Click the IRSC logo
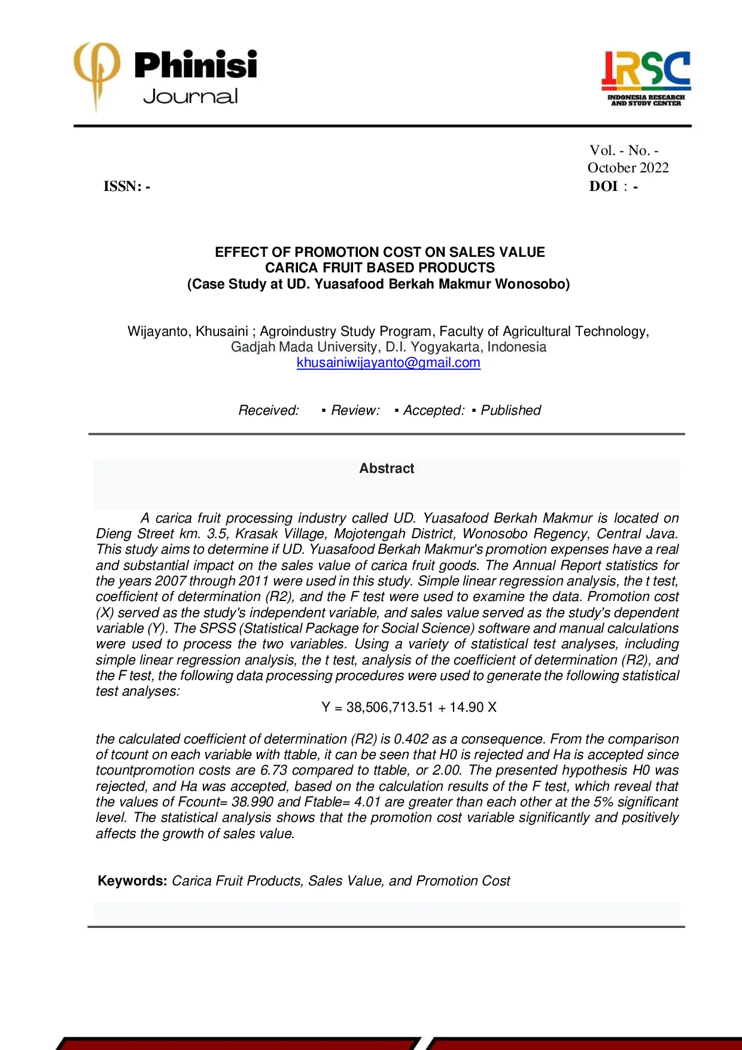point(646,78)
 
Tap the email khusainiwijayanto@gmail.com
point(388,363)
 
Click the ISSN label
point(123,187)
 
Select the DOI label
point(603,187)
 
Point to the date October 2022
point(628,168)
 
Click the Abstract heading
point(387,469)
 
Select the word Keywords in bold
point(132,881)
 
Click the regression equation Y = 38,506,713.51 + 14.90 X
point(409,708)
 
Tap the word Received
point(269,411)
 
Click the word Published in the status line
point(510,411)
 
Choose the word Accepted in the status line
point(433,411)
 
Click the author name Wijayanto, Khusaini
point(187,332)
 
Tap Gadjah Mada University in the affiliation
point(303,347)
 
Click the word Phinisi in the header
point(196,65)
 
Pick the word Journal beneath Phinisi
point(190,96)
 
